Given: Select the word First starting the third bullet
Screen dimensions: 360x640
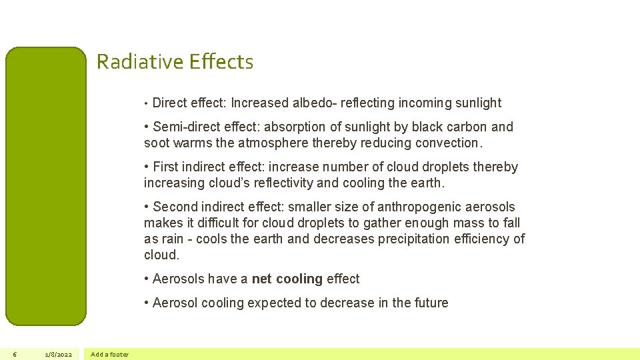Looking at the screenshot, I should click(167, 167).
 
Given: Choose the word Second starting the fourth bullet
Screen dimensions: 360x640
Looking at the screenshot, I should click(177, 207).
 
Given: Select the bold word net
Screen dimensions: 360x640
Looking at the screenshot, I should click(261, 279).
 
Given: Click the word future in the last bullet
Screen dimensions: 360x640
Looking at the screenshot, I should click(431, 303).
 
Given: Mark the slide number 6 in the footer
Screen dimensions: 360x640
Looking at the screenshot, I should click(15, 354).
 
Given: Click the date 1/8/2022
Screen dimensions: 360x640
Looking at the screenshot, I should click(59, 354).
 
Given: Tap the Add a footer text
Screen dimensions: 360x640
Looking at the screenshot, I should click(110, 354).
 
